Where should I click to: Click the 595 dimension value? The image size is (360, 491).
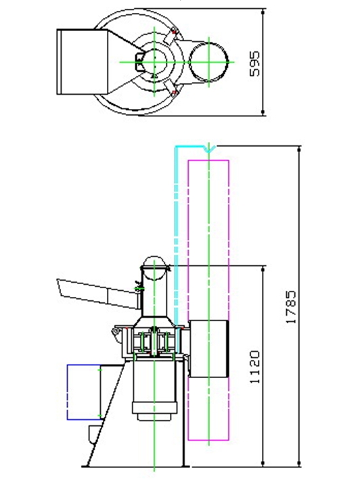254,64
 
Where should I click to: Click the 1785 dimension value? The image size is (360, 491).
291,307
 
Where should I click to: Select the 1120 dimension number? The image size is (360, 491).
254,367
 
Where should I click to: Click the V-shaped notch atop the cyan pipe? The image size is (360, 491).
209,149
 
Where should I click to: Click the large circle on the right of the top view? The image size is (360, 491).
209,62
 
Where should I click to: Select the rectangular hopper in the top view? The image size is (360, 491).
82,62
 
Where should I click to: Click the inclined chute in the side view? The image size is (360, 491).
97,294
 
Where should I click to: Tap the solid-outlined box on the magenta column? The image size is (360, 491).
208,348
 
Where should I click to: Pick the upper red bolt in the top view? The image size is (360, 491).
174,31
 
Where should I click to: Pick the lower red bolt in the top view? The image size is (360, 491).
174,93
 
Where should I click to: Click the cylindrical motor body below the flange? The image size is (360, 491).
154,390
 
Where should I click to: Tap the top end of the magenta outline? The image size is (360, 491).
208,160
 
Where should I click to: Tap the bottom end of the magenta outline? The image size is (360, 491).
208,440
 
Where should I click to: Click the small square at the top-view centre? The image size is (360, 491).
139,58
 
